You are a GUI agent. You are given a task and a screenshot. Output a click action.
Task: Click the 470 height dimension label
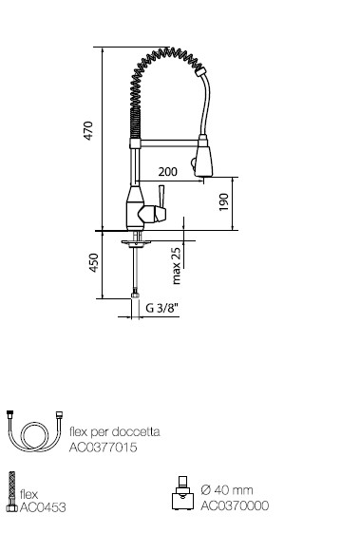(88, 131)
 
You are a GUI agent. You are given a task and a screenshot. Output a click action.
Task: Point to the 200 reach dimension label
(167, 172)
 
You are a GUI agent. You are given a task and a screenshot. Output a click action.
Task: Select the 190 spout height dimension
(223, 202)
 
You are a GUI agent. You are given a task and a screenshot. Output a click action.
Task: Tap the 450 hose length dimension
(94, 262)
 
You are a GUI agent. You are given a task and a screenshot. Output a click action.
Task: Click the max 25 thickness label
(176, 266)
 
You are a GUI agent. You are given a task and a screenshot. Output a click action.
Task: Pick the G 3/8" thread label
(162, 308)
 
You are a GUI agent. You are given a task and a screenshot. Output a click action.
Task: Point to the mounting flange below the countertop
(136, 243)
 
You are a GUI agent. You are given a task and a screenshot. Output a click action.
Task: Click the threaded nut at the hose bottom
(136, 294)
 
